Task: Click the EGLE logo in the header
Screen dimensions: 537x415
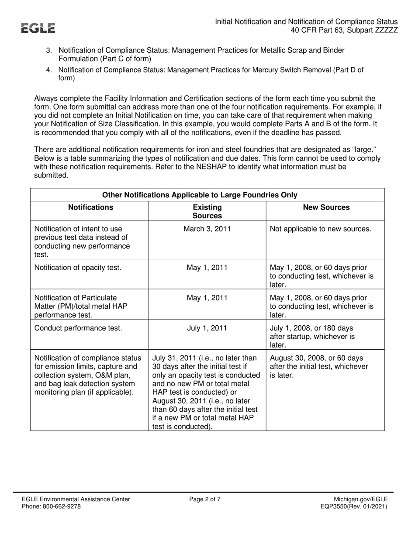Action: tap(39, 28)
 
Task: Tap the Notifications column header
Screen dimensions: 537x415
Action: tap(90, 207)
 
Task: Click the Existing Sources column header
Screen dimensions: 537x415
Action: tap(207, 211)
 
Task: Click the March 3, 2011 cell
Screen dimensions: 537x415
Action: tap(207, 229)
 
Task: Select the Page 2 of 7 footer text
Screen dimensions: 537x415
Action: tap(205, 499)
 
